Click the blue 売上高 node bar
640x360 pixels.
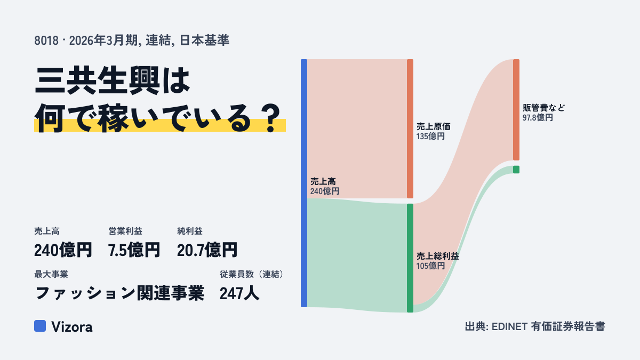[x=304, y=183]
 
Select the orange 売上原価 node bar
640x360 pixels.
[x=410, y=129]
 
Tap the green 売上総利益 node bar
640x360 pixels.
[x=410, y=258]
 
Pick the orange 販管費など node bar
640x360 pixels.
[x=516, y=110]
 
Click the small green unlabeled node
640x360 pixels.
[x=516, y=170]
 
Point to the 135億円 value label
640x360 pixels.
[x=430, y=137]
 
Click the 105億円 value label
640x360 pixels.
[x=430, y=266]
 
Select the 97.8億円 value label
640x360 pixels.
[x=538, y=117]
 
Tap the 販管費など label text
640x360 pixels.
[x=543, y=108]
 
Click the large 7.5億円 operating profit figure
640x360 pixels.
[x=134, y=250]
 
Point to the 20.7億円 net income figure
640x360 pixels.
[x=207, y=250]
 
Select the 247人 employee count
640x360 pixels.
[x=239, y=293]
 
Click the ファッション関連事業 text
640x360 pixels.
[x=119, y=293]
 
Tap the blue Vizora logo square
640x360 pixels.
[x=40, y=326]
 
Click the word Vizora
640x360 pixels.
[x=72, y=327]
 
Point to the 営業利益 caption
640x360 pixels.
[x=125, y=231]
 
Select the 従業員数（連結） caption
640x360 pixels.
[x=252, y=274]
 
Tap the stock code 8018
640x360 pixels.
[x=46, y=41]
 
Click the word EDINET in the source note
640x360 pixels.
[x=509, y=326]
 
